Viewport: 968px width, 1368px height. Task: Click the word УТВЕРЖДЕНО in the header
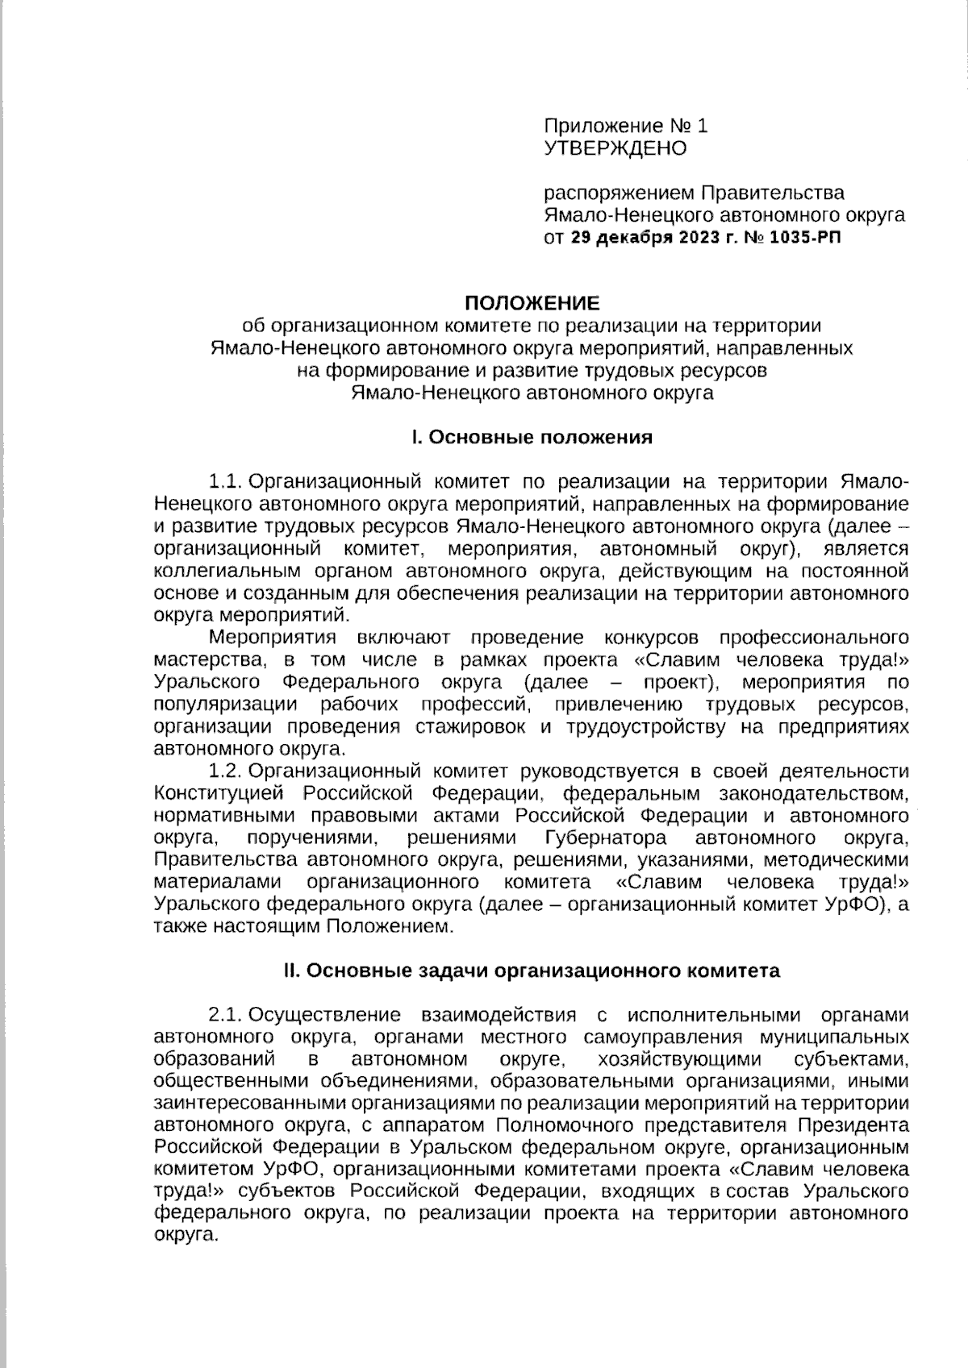pyautogui.click(x=615, y=148)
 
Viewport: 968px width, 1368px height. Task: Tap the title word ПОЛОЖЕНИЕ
pyautogui.click(x=531, y=304)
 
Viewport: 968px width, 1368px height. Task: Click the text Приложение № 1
pyautogui.click(x=626, y=126)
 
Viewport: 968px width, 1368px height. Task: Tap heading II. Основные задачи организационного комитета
pyautogui.click(x=531, y=971)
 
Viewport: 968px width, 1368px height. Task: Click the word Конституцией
pyautogui.click(x=220, y=793)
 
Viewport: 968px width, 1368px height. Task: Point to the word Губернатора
pyautogui.click(x=606, y=838)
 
